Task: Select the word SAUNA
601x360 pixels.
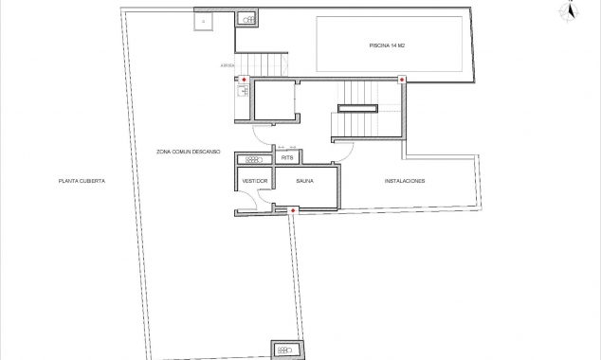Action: pyautogui.click(x=304, y=180)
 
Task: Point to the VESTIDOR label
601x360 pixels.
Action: pyautogui.click(x=255, y=180)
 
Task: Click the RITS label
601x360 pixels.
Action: pyautogui.click(x=287, y=158)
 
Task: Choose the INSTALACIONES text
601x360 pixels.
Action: pyautogui.click(x=404, y=180)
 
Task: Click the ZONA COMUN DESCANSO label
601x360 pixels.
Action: pyautogui.click(x=190, y=150)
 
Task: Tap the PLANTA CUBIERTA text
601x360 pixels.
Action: pyautogui.click(x=81, y=180)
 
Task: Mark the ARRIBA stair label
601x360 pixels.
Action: pyautogui.click(x=228, y=65)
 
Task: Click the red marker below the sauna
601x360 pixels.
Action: pyautogui.click(x=293, y=209)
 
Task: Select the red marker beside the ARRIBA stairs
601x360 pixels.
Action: pyautogui.click(x=244, y=80)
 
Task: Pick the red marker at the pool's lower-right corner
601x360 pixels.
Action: pyautogui.click(x=403, y=80)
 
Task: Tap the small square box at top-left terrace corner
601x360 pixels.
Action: pyautogui.click(x=205, y=19)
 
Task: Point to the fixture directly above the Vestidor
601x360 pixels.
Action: pyautogui.click(x=254, y=158)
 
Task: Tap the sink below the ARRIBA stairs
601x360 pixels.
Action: pyautogui.click(x=242, y=92)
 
